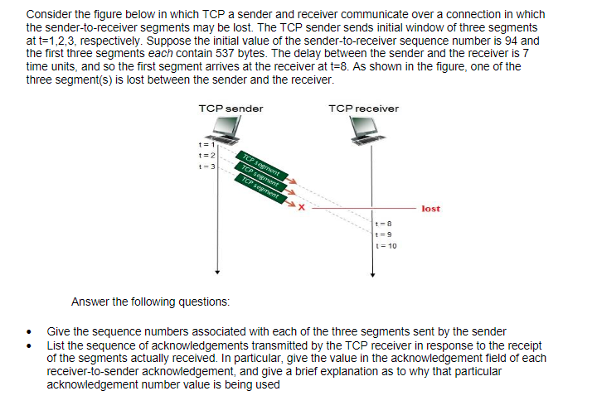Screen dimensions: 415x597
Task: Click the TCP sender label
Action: tap(231, 109)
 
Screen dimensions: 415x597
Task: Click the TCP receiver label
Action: tap(363, 109)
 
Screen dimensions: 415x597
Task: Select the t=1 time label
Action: tap(197, 146)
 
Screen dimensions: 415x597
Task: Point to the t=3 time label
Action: tap(197, 166)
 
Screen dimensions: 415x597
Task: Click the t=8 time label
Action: tap(383, 223)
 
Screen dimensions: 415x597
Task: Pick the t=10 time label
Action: tap(386, 245)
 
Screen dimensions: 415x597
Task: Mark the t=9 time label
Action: tap(383, 234)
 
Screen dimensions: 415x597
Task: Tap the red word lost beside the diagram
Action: tap(430, 209)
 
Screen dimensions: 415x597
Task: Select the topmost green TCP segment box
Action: tap(260, 163)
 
